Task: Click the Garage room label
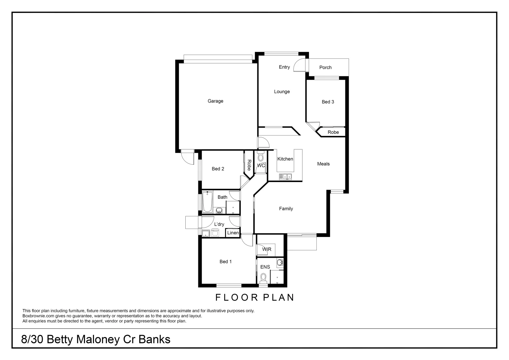215,101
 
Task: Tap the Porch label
325,67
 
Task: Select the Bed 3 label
328,102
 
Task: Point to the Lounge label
282,92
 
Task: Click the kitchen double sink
285,176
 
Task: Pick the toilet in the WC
261,157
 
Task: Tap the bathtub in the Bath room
207,202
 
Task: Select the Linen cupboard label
233,233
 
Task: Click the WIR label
267,249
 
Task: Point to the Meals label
323,164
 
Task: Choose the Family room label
286,209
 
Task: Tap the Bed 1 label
225,262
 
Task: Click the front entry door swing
299,65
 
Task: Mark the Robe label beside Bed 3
333,132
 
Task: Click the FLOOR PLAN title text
255,297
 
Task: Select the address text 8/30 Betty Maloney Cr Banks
96,339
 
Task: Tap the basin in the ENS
280,263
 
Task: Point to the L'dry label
219,224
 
